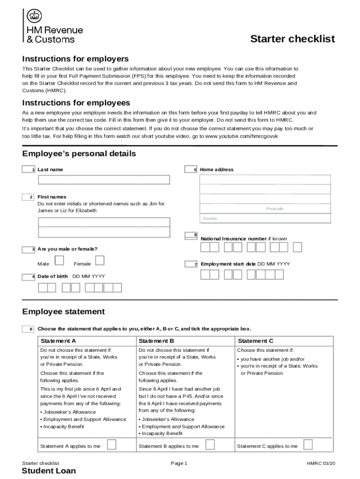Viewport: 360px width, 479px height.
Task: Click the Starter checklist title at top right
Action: (x=293, y=39)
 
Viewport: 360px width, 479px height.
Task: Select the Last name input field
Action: (x=104, y=180)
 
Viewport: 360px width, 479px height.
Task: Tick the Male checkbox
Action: (x=60, y=260)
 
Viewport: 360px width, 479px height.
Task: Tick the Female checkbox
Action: (x=100, y=260)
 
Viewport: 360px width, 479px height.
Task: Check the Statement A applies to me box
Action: (x=112, y=444)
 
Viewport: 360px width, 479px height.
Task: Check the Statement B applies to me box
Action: (x=210, y=444)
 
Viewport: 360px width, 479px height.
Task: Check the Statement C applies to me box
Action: (x=308, y=444)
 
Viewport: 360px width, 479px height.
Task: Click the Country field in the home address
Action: (x=265, y=219)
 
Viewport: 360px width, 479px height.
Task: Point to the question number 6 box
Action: (x=191, y=235)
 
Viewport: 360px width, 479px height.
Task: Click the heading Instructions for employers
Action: (x=75, y=59)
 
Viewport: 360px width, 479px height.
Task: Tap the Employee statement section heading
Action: (x=64, y=312)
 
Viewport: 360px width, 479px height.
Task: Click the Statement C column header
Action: (x=255, y=341)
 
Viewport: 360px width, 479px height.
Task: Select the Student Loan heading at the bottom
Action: (x=49, y=471)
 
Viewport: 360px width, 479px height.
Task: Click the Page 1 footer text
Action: (x=179, y=464)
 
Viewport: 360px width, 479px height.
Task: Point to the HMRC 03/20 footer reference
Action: (x=321, y=464)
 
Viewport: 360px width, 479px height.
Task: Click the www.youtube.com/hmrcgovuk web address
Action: (x=242, y=136)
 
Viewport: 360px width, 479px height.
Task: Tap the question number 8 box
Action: (x=28, y=329)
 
